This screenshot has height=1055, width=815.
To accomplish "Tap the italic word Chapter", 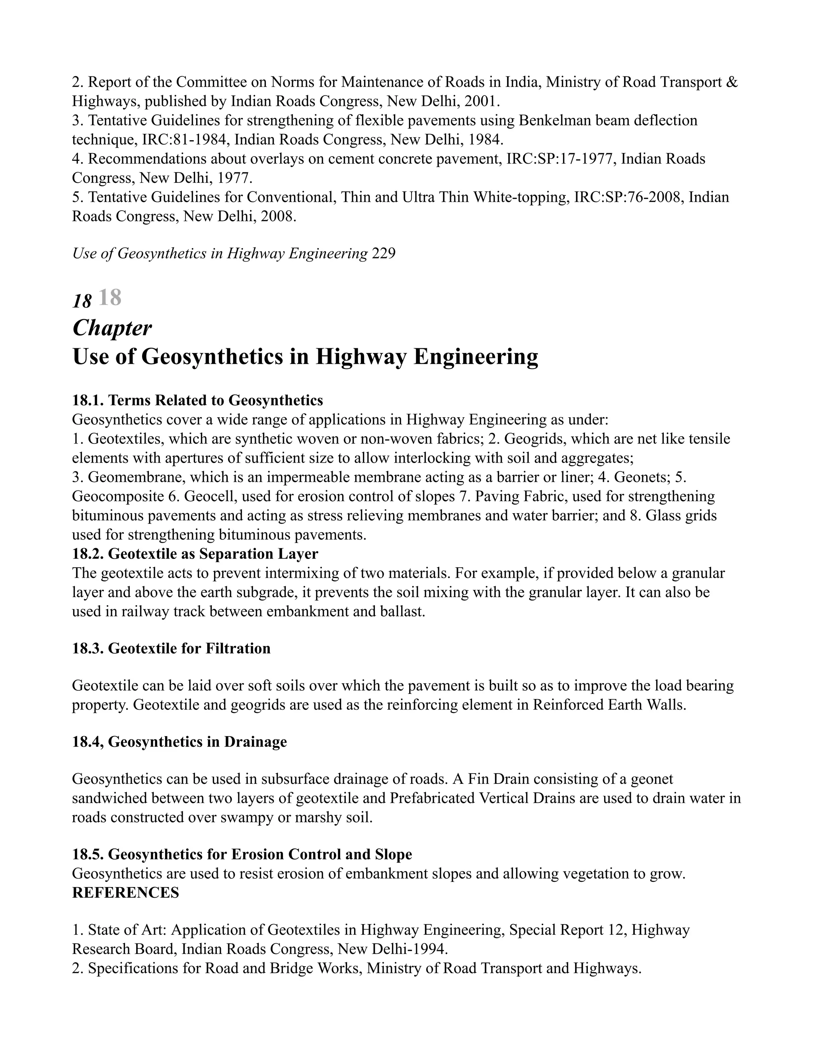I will click(x=112, y=328).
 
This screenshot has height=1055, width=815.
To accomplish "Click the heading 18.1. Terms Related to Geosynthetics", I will click(x=197, y=400).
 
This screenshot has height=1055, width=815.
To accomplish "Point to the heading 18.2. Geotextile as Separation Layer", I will click(x=195, y=554).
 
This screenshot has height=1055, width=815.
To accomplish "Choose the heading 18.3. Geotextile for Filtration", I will click(x=172, y=648).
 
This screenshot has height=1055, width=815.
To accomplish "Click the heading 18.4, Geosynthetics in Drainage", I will click(x=179, y=742).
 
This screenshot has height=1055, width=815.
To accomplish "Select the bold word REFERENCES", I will click(x=125, y=893).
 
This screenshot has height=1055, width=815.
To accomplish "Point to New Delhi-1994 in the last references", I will click(x=392, y=949).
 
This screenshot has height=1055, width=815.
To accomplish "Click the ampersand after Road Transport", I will click(x=732, y=82).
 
